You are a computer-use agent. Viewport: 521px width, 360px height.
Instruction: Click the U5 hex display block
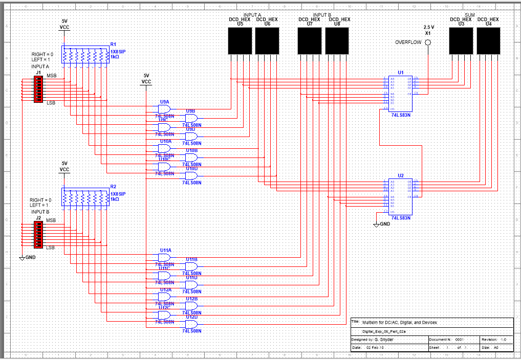(x=240, y=40)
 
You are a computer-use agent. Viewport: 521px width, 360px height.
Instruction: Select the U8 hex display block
(x=337, y=40)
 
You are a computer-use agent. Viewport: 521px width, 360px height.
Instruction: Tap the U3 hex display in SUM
(x=461, y=40)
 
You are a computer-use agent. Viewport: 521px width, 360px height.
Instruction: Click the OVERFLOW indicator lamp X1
(x=428, y=42)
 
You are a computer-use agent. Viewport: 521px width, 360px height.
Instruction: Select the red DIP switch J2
(x=38, y=234)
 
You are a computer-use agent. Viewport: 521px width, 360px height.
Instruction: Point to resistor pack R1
(x=85, y=55)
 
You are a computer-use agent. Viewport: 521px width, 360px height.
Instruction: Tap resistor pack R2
(x=85, y=197)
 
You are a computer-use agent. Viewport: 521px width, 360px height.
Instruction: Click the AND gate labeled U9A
(x=165, y=108)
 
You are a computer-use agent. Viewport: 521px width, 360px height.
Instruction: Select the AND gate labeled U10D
(x=191, y=175)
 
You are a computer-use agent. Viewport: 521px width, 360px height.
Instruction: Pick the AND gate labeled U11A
(x=165, y=257)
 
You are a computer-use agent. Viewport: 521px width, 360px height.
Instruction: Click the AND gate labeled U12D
(x=191, y=324)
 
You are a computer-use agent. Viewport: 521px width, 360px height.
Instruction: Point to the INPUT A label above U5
(x=253, y=15)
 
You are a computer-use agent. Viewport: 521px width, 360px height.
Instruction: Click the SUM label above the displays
(x=470, y=15)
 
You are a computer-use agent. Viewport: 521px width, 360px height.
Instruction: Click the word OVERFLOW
(x=408, y=42)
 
